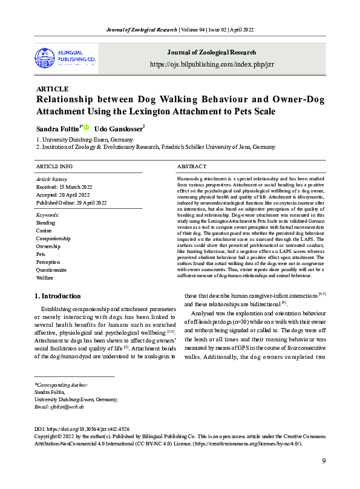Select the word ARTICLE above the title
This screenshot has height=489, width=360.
tap(53, 88)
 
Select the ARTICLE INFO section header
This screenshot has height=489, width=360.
tap(54, 166)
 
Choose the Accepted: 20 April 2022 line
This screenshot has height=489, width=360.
tap(63, 194)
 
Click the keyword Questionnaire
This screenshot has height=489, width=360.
tap(51, 269)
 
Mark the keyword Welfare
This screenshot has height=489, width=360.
tap(44, 277)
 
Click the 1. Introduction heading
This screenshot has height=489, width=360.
tap(57, 296)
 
